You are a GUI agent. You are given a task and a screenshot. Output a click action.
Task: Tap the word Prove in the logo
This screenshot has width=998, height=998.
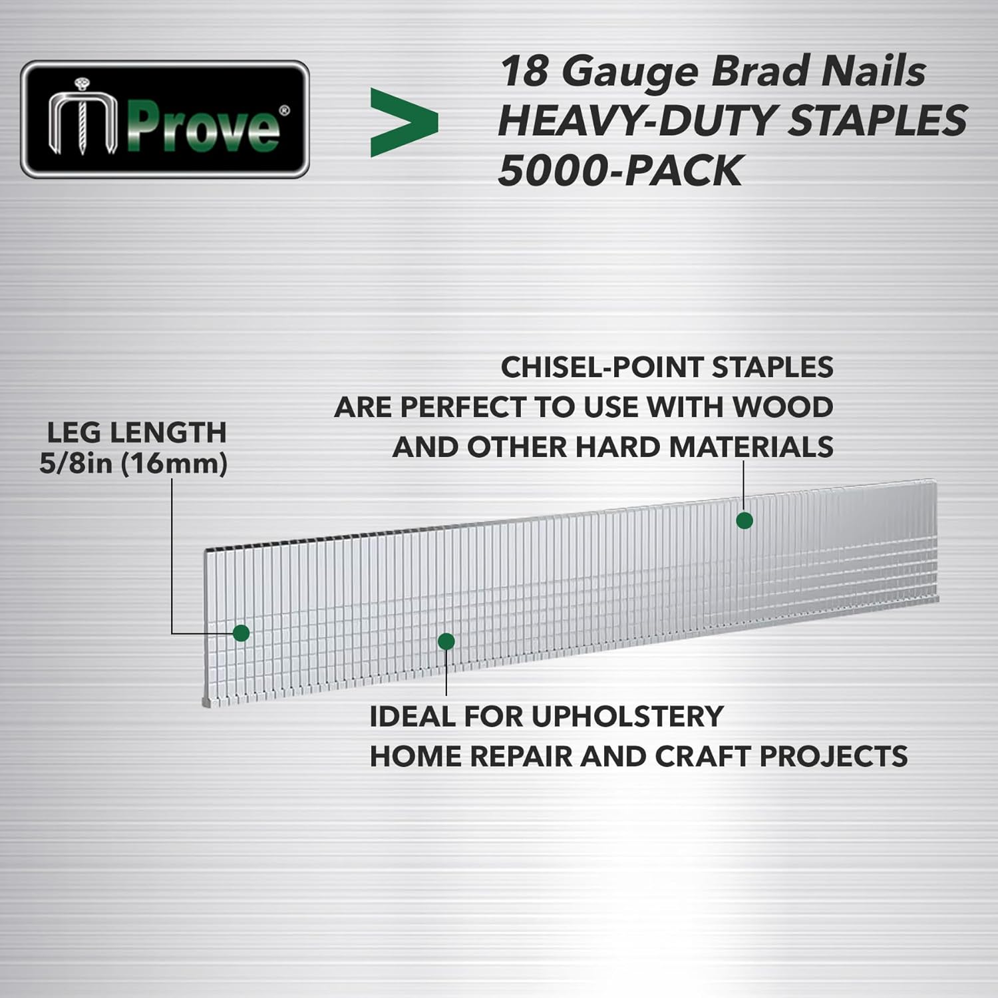click(x=203, y=127)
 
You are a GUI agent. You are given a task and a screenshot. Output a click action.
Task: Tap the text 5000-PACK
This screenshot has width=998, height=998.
click(x=619, y=170)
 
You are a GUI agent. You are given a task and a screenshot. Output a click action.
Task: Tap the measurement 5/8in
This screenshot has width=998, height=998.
click(x=75, y=464)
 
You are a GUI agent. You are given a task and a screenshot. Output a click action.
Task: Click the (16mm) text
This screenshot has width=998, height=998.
click(x=174, y=464)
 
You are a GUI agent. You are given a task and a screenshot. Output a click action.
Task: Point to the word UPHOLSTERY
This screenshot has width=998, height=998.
click(x=627, y=717)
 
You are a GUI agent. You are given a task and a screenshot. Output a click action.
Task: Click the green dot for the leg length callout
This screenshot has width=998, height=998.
click(x=242, y=633)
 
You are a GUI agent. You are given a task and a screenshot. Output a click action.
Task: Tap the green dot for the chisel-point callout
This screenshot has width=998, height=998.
click(x=745, y=520)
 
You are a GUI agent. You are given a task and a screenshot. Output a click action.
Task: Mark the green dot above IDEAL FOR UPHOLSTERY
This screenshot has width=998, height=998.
click(x=446, y=641)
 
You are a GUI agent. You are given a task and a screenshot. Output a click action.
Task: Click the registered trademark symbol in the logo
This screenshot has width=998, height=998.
click(x=284, y=110)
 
